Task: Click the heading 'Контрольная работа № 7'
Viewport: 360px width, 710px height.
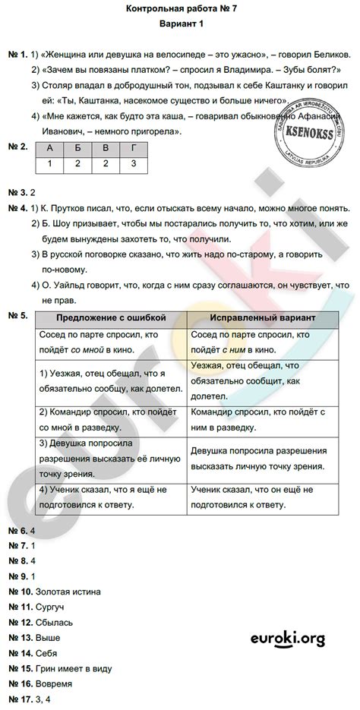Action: [x=180, y=8]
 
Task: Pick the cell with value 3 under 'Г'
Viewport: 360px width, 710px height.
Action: [x=134, y=163]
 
